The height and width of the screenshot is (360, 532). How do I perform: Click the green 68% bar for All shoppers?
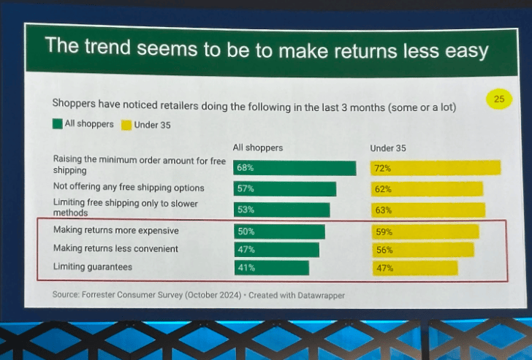click(294, 168)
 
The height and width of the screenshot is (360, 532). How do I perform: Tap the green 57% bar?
click(285, 189)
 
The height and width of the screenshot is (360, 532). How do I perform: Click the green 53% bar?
click(281, 210)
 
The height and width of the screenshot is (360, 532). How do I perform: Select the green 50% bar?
click(279, 231)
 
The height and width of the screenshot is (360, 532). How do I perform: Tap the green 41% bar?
click(271, 268)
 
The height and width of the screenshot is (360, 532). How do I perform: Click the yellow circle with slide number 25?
click(499, 99)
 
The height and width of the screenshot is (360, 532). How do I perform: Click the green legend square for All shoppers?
click(58, 124)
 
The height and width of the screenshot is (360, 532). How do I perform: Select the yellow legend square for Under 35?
click(126, 125)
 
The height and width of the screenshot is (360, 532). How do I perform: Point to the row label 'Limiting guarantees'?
click(93, 267)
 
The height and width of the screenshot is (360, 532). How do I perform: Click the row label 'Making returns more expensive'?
click(115, 230)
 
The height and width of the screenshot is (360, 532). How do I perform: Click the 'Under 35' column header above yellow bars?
click(388, 148)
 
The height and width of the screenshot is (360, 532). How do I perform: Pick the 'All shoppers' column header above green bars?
click(258, 148)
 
